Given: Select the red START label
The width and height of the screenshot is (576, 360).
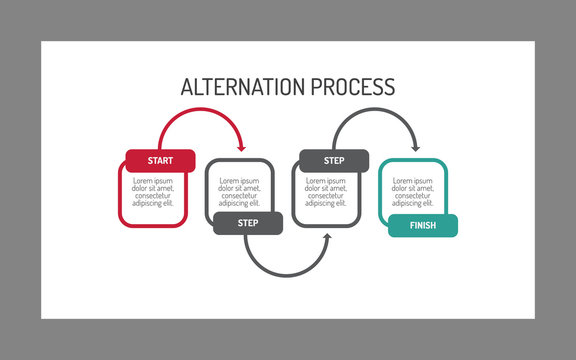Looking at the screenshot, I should click(x=160, y=160).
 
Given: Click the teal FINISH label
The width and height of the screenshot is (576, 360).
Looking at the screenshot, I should click(x=422, y=226).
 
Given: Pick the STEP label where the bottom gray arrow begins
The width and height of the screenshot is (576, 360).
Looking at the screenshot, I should click(x=247, y=223).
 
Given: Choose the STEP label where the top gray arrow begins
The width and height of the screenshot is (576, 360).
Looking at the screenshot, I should click(x=334, y=160).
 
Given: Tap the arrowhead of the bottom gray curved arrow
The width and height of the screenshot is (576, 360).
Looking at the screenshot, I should click(x=328, y=239).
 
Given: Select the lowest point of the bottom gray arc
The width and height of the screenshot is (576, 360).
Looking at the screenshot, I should click(x=287, y=276).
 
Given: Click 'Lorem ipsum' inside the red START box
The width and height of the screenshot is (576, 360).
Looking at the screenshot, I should click(x=153, y=180).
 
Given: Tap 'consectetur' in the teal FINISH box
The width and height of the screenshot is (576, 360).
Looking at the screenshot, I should click(x=413, y=195).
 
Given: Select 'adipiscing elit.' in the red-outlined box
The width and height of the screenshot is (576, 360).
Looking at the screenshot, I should click(x=153, y=203).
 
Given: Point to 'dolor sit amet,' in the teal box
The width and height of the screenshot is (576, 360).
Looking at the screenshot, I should click(x=413, y=187).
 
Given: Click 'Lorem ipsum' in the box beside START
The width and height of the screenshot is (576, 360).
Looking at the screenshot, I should click(x=239, y=180).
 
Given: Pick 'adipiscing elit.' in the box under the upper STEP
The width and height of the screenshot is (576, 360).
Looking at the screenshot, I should click(x=326, y=203).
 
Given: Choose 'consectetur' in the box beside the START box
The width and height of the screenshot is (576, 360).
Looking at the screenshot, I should click(x=239, y=195).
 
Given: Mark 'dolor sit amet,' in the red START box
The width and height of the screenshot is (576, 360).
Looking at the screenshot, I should click(x=153, y=187).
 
